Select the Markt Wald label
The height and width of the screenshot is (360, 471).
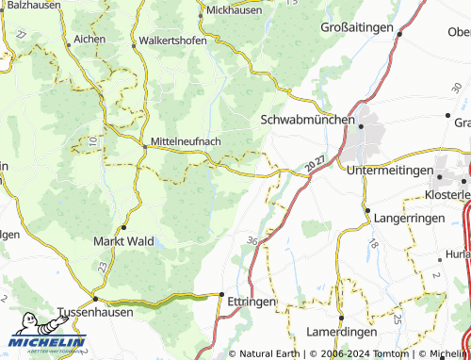(122, 241)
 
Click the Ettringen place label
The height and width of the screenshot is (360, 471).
(252, 301)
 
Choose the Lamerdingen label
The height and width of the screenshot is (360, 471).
(342, 333)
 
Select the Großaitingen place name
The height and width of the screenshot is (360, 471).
(356, 28)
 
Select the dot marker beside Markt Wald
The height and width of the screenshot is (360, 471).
(123, 227)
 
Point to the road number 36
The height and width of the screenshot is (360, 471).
(252, 242)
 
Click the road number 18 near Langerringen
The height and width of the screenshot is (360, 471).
(373, 244)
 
